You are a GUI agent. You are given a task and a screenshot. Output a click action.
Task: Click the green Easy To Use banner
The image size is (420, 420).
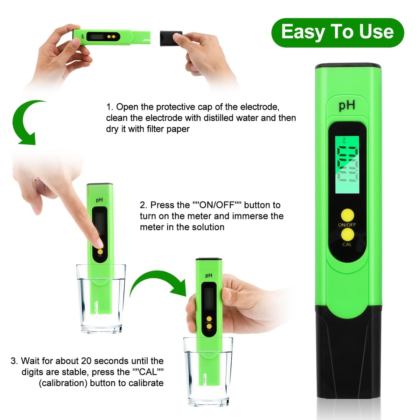pyautogui.click(x=337, y=33)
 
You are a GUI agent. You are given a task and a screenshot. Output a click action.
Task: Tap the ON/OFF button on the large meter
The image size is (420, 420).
pyautogui.click(x=348, y=215)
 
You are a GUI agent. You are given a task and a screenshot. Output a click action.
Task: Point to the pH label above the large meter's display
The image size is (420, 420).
pyautogui.click(x=347, y=105)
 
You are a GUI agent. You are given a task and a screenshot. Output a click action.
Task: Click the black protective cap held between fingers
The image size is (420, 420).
pyautogui.click(x=171, y=38)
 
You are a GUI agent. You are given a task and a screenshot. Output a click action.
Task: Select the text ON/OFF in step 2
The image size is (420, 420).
pyautogui.click(x=217, y=205)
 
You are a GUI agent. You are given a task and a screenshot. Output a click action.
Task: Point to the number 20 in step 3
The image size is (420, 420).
pyautogui.click(x=86, y=361)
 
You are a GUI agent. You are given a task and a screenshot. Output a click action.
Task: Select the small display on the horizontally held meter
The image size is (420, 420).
pyautogui.click(x=96, y=36)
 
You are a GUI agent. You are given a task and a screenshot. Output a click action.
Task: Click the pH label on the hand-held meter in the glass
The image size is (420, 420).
pyautogui.click(x=209, y=276)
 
